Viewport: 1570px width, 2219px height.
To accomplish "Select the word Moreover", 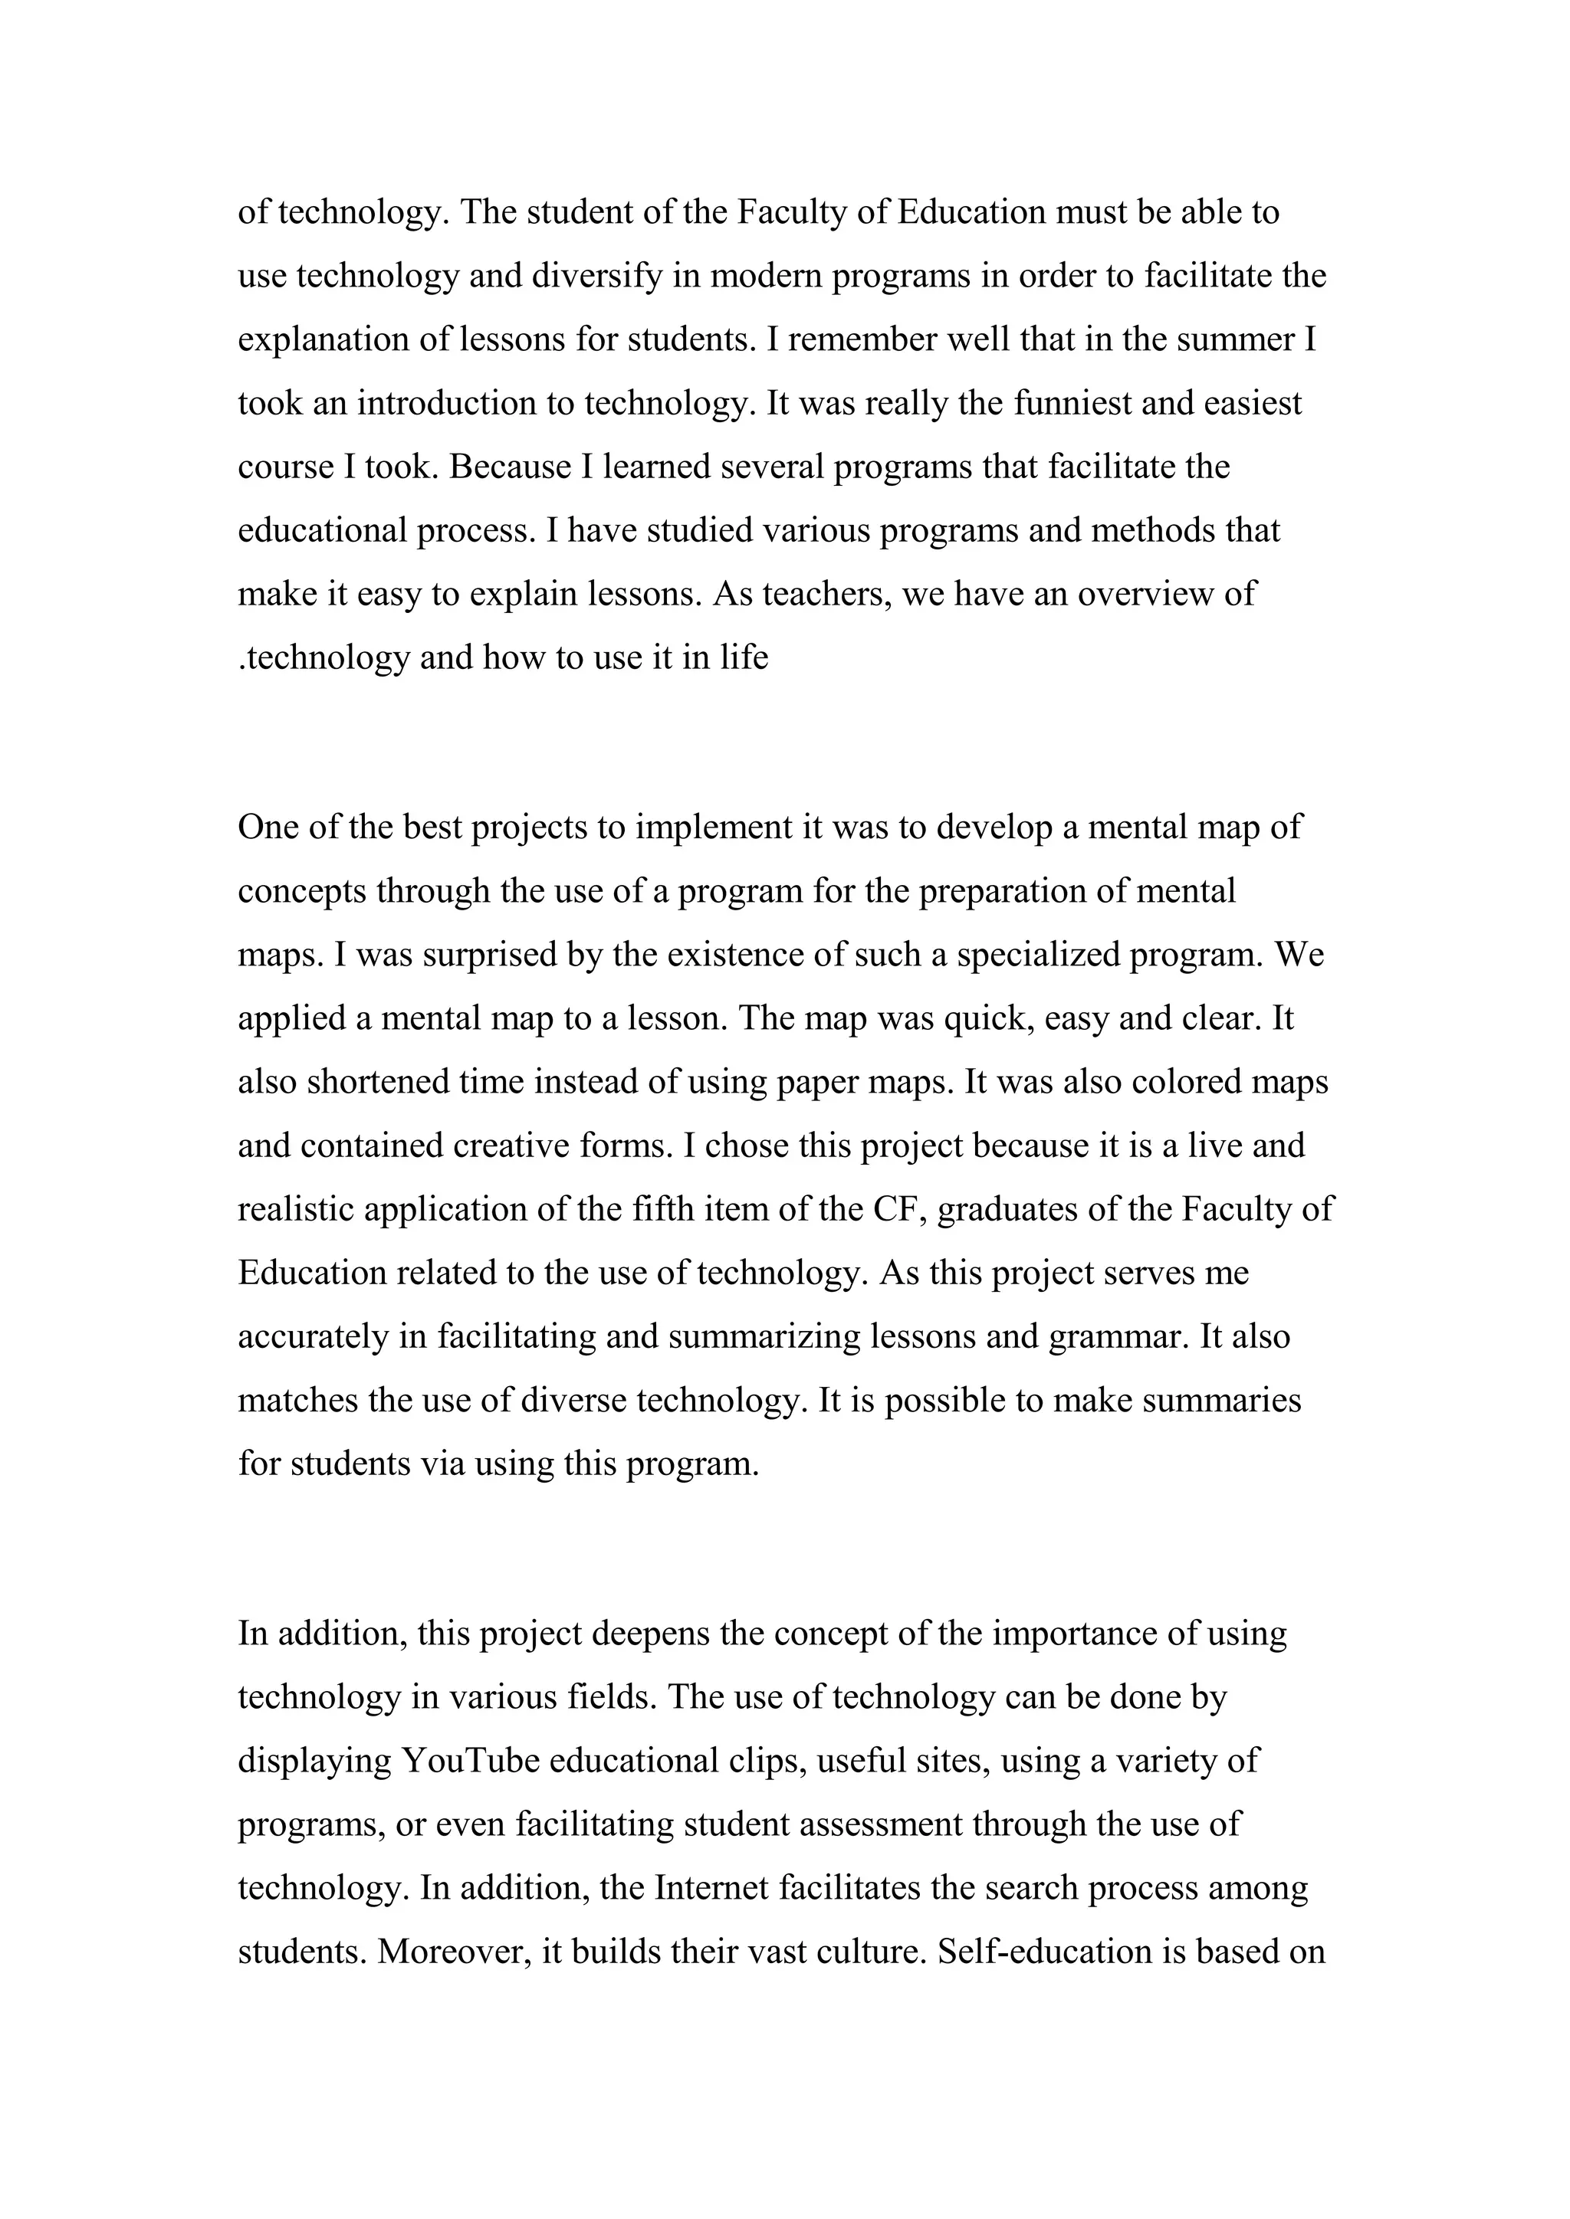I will (x=452, y=1952).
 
